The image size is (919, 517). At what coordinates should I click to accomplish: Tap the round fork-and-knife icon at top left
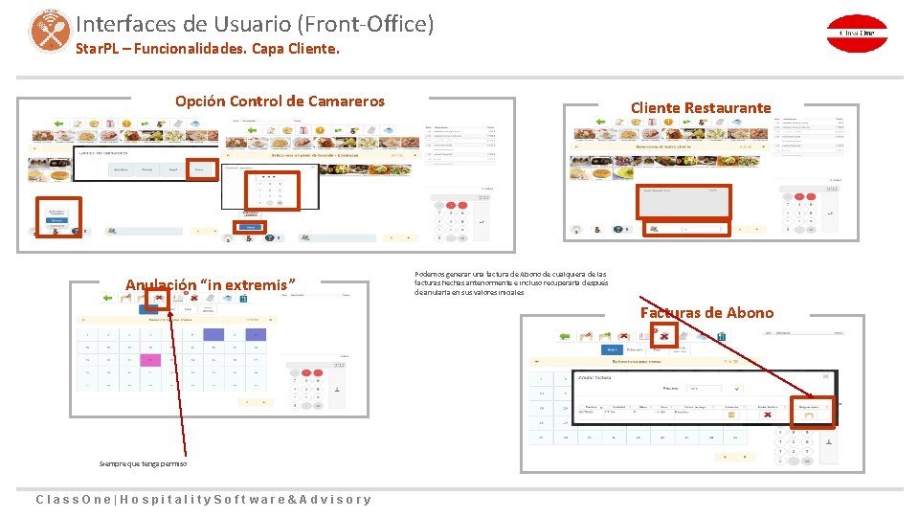tap(49, 30)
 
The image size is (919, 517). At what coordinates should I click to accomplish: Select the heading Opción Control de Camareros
tap(280, 101)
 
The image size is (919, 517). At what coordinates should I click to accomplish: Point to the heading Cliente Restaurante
tap(700, 107)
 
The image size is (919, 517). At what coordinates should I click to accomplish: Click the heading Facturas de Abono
tap(706, 312)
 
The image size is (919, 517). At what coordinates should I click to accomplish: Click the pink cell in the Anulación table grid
tap(148, 360)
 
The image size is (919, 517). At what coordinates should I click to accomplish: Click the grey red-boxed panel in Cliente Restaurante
tap(684, 201)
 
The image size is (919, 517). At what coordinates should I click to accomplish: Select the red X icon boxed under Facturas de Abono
tap(662, 334)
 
